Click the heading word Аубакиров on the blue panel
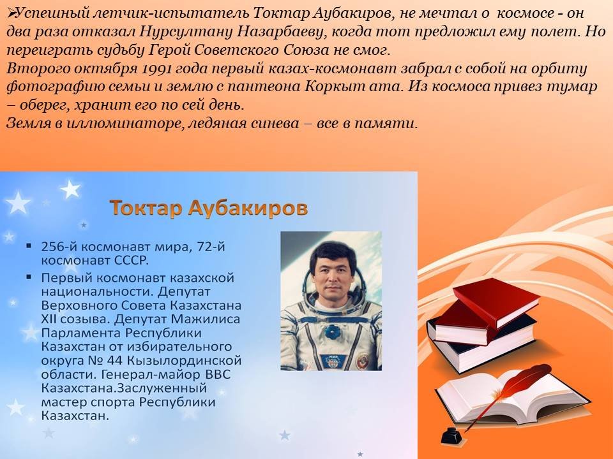(x=248, y=208)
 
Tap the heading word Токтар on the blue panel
(x=146, y=208)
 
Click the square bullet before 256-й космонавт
(x=29, y=246)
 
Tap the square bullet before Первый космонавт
(x=29, y=277)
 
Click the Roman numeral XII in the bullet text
(x=49, y=319)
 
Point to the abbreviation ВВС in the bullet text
(x=217, y=374)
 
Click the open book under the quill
(x=512, y=398)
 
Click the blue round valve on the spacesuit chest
(x=332, y=331)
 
